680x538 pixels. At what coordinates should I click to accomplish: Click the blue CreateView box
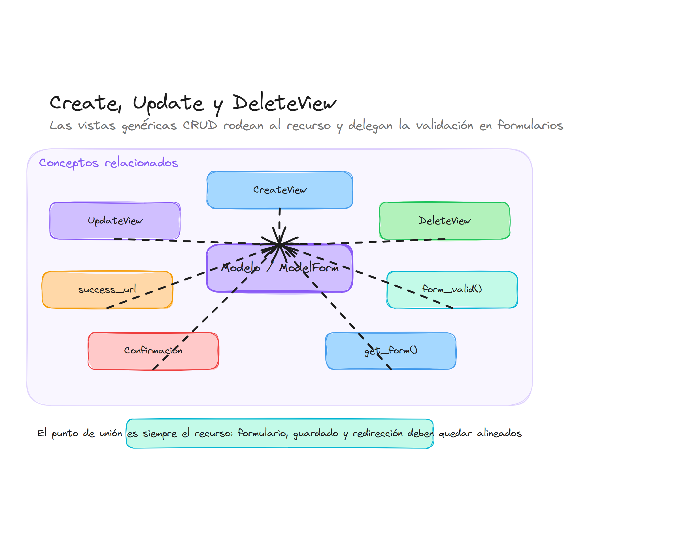point(279,190)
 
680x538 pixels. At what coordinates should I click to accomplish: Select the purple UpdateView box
point(115,221)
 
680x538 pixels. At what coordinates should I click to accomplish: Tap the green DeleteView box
point(444,221)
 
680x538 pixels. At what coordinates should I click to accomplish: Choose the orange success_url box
point(107,289)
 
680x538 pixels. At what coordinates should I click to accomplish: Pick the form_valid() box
point(452,289)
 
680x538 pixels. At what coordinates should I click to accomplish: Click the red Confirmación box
point(153,350)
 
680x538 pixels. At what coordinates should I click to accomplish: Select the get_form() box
point(391,350)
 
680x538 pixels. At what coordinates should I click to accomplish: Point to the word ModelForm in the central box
point(309,268)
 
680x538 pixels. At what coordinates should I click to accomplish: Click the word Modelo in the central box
point(241,268)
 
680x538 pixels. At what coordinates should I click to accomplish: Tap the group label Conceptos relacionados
point(109,163)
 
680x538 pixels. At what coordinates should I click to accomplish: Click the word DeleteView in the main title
point(284,103)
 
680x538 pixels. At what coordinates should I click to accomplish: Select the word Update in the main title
point(168,103)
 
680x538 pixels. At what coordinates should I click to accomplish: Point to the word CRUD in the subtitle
point(200,125)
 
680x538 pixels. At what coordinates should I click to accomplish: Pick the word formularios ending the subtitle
point(530,125)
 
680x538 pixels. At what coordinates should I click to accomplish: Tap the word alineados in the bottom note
point(499,434)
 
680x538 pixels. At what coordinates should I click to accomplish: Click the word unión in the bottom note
point(110,434)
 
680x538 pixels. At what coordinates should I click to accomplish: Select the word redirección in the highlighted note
point(377,434)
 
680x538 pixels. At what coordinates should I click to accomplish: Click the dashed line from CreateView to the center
point(279,221)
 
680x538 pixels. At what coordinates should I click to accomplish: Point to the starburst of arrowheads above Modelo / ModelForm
point(279,244)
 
